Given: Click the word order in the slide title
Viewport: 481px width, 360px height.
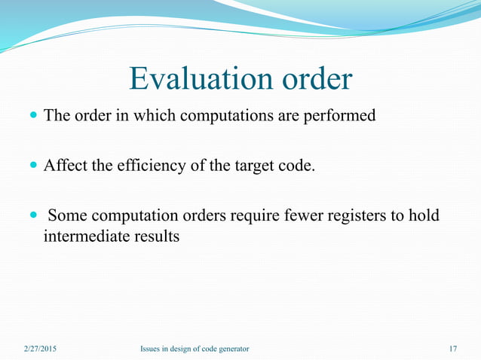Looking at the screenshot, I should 315,79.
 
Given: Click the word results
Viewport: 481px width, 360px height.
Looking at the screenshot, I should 155,236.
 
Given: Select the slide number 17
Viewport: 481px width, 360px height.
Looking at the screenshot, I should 452,349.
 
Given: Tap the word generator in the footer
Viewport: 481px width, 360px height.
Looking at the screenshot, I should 231,349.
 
